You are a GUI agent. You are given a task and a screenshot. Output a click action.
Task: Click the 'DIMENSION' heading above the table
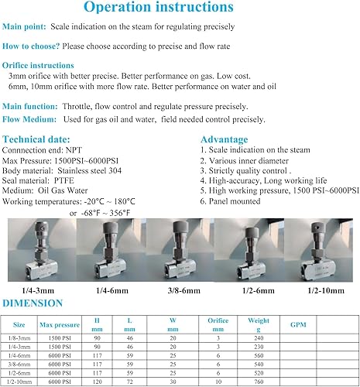35,303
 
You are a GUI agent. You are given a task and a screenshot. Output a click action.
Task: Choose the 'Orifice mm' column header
218,326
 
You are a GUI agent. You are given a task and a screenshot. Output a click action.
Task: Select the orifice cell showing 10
218,382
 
